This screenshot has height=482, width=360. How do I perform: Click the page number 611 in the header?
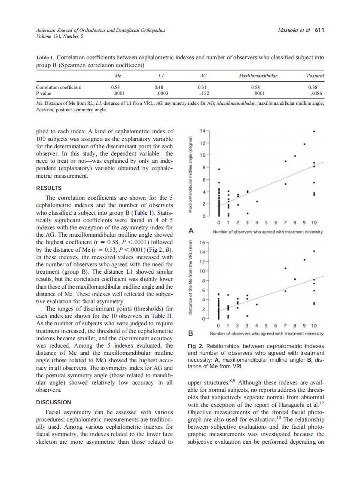coord(319,30)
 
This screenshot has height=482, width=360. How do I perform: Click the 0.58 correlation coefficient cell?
coord(258,87)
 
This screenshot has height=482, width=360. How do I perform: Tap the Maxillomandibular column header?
coord(258,76)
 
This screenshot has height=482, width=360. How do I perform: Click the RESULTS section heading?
coord(49,188)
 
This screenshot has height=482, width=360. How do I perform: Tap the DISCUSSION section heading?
coord(54,403)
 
